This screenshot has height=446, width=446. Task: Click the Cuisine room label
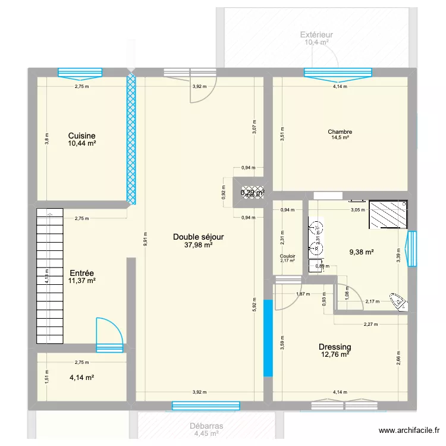pyautogui.click(x=81, y=136)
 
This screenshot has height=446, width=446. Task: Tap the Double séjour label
pyautogui.click(x=198, y=237)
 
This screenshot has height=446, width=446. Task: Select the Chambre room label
pyautogui.click(x=340, y=133)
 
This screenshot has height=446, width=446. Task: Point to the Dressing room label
pyautogui.click(x=334, y=347)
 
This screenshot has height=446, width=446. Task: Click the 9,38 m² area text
pyautogui.click(x=361, y=252)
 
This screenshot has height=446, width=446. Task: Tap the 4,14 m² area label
pyautogui.click(x=82, y=377)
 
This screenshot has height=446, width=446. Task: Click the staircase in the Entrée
pyautogui.click(x=49, y=276)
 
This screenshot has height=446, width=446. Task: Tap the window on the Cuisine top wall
pyautogui.click(x=80, y=73)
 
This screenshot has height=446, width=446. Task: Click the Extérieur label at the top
pyautogui.click(x=316, y=34)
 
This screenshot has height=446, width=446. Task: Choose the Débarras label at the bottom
pyautogui.click(x=206, y=426)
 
